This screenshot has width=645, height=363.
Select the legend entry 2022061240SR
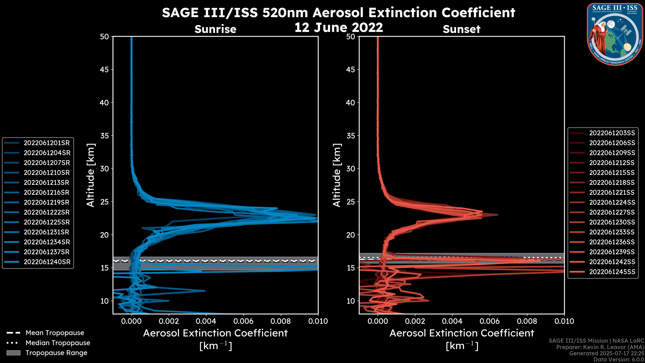click(x=47, y=262)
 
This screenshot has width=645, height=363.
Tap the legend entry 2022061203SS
click(x=612, y=133)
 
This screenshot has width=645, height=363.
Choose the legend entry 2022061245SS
click(x=612, y=272)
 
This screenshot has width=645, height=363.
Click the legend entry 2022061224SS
click(x=612, y=202)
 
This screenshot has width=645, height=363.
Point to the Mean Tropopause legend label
click(x=55, y=333)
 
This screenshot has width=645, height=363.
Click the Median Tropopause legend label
click(x=58, y=343)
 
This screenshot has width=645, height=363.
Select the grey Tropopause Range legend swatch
click(x=13, y=353)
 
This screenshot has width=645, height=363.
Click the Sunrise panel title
click(x=215, y=29)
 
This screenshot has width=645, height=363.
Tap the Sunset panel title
click(x=461, y=29)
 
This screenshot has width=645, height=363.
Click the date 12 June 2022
click(x=338, y=27)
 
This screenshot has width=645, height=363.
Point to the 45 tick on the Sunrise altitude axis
click(x=104, y=69)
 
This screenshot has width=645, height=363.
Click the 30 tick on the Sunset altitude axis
click(x=351, y=169)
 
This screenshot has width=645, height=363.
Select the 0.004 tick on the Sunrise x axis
click(x=206, y=321)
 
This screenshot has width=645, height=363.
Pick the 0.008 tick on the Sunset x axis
click(x=527, y=321)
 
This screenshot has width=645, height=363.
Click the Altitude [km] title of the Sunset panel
click(x=337, y=175)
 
